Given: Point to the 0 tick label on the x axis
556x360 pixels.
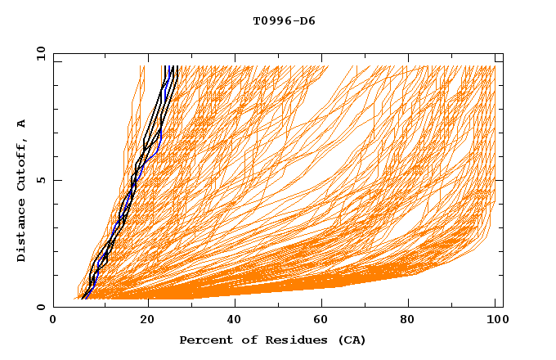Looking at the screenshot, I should (x=54, y=320).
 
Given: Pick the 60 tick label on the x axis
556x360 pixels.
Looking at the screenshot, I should (x=326, y=320).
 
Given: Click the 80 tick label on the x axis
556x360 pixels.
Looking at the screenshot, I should (x=415, y=320).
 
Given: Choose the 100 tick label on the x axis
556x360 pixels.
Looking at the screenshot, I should (x=496, y=320).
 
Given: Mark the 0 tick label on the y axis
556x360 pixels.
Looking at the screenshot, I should (x=40, y=308).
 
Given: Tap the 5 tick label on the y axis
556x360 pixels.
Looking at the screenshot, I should (x=40, y=180).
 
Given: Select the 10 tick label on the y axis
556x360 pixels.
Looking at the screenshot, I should (x=38, y=53).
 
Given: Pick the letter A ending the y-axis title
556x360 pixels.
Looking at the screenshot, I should (x=21, y=124).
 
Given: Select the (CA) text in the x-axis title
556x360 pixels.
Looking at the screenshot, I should (x=348, y=340).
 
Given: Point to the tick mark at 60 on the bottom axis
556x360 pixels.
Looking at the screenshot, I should (x=325, y=304).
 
